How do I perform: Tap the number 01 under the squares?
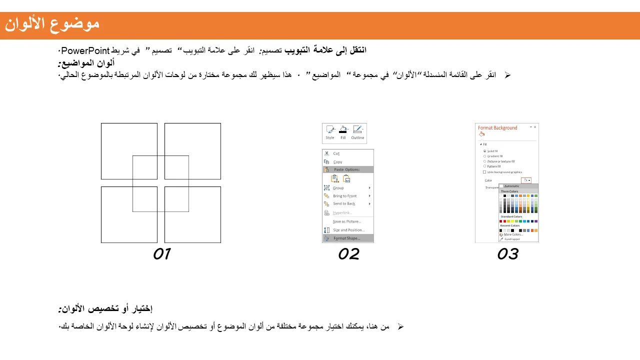pos(161,254)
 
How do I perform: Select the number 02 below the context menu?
pos(348,254)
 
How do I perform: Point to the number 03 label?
pos(507,254)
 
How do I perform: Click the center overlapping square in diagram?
pos(160,183)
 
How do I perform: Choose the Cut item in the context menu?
pos(336,153)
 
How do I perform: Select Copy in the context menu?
pos(337,162)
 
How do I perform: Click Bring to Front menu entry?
pos(345,196)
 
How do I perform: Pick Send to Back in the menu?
pos(344,203)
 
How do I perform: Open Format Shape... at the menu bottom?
pos(346,238)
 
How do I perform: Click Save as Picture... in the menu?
pos(346,221)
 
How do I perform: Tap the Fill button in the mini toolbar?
pos(343,133)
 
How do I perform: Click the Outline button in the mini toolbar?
pos(357,133)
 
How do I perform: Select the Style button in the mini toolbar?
pos(330,133)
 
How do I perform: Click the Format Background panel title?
pos(497,128)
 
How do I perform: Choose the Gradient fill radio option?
pos(484,156)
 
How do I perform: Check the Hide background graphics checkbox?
pos(484,172)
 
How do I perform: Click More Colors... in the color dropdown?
pos(513,234)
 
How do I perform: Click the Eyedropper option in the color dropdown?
pos(512,239)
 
